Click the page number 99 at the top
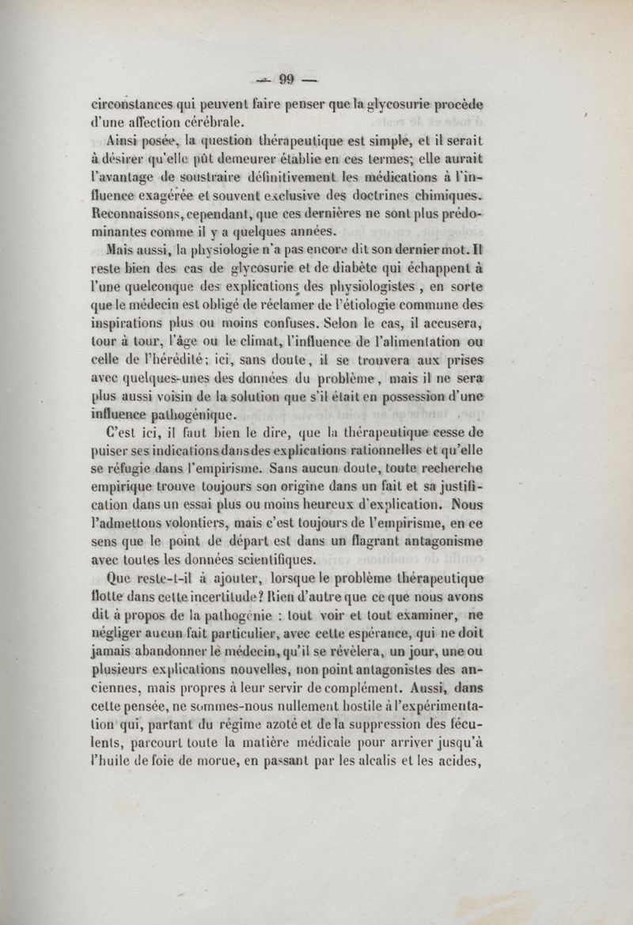[286, 78]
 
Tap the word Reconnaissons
[138, 214]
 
